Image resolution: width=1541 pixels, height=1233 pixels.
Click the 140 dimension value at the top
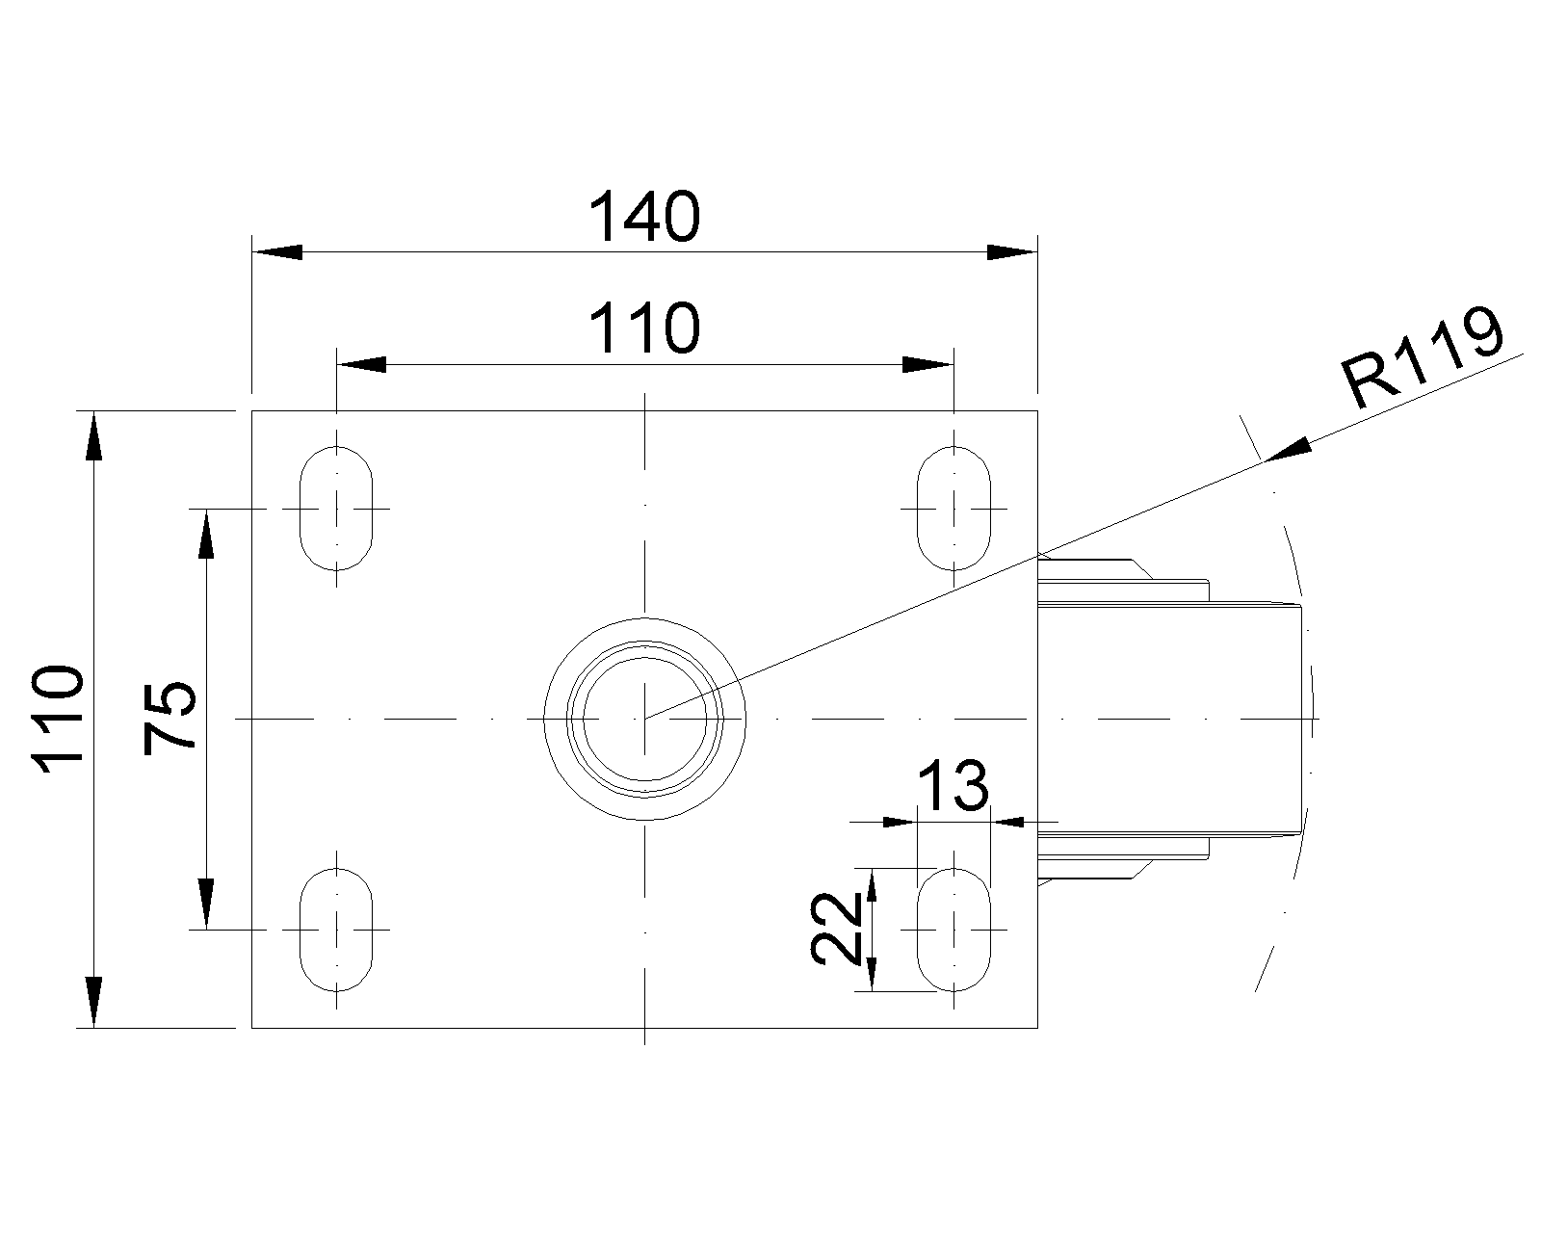643,217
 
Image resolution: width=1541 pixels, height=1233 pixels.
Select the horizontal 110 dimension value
643,328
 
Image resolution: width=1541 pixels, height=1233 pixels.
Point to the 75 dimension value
170,718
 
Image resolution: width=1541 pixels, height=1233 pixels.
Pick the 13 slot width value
952,785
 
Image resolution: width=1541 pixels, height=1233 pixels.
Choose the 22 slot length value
836,929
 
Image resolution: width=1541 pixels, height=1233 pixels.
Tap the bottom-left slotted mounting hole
336,930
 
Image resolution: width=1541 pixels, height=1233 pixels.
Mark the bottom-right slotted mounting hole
953,930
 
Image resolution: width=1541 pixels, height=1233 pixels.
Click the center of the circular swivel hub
644,719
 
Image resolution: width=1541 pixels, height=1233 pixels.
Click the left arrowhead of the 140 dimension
277,252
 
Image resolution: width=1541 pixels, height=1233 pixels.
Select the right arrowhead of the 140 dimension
1011,252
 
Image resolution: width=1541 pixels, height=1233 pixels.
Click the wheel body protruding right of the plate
1170,718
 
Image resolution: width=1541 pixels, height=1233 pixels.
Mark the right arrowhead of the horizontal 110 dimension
927,365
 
